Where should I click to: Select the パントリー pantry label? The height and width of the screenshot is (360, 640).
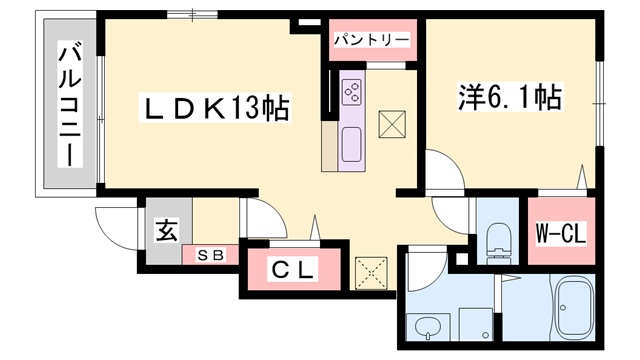click(x=372, y=40)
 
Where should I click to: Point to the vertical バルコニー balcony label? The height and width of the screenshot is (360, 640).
click(x=69, y=105)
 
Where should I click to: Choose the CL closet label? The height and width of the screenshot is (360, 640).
click(x=294, y=269)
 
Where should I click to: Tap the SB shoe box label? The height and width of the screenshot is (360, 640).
click(x=209, y=254)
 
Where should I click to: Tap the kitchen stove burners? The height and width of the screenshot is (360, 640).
click(x=353, y=92)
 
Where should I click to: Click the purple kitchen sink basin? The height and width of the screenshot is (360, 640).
click(x=353, y=144)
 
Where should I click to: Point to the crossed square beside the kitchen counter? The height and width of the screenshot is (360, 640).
click(x=391, y=124)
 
